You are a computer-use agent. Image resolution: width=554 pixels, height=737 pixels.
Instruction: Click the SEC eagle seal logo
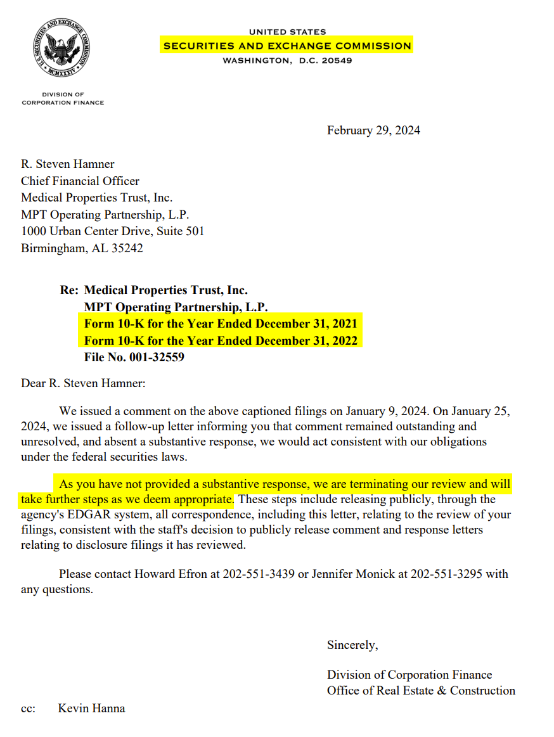coord(63,48)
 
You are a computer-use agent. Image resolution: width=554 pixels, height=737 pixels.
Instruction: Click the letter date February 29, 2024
coord(373,131)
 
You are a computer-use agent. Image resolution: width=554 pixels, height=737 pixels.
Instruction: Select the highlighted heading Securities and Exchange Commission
coord(287,46)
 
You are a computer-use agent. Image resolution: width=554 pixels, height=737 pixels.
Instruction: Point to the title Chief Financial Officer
coord(80,181)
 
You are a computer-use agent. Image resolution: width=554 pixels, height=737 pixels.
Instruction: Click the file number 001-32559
coord(134,357)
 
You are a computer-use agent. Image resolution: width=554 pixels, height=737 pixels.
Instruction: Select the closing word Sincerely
coord(352,645)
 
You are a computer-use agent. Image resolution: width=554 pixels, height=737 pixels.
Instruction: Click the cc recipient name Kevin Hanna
coord(91,708)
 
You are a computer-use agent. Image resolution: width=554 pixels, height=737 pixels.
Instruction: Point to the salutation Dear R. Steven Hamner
coord(83,383)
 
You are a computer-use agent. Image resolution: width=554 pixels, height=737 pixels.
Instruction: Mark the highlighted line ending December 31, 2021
coord(221,324)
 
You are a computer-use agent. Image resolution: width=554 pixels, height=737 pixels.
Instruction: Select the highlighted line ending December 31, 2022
coord(221,341)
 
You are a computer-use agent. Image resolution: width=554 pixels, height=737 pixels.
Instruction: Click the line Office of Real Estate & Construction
coord(421,691)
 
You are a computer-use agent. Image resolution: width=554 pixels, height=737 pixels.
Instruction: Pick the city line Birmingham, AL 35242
coord(82,248)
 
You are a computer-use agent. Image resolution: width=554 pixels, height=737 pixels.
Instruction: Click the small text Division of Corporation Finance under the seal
coord(63,99)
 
